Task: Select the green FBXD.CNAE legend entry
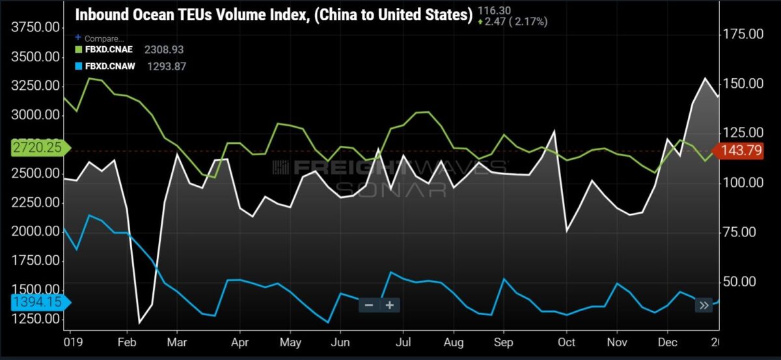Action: pos(104,49)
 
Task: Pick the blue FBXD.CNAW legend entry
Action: pos(105,66)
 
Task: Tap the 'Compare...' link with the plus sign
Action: pos(100,38)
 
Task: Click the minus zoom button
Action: pos(369,305)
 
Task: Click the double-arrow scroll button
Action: pos(704,305)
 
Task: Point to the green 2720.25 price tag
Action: pos(41,148)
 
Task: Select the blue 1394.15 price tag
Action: pos(41,302)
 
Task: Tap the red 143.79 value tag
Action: pos(737,150)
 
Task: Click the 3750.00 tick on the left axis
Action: pos(36,27)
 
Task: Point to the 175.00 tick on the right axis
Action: pos(743,35)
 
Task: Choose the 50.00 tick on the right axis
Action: pos(739,281)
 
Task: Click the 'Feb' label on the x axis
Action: pos(127,342)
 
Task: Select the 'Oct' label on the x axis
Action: pos(567,342)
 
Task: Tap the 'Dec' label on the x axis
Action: pos(667,342)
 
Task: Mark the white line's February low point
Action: pos(139,324)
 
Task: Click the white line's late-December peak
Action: pos(706,78)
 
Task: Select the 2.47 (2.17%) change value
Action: pos(513,22)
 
